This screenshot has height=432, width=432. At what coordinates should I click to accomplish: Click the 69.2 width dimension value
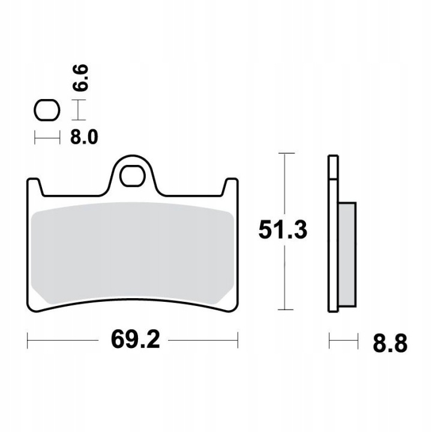tap(135, 340)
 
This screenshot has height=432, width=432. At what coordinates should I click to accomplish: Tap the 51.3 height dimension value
tap(283, 230)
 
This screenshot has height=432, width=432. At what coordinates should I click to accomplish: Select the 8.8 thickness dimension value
tap(390, 344)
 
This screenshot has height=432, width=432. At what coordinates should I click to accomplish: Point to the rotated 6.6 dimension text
tap(80, 77)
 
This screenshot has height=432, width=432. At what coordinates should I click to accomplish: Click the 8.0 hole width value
tap(84, 137)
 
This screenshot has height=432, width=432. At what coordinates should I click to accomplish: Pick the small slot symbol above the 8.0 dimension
tap(47, 110)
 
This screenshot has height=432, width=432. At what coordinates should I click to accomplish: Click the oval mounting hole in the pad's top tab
tap(132, 176)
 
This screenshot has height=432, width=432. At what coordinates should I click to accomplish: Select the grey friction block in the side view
tap(347, 254)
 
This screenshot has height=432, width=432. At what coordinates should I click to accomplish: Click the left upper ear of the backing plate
tap(35, 187)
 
